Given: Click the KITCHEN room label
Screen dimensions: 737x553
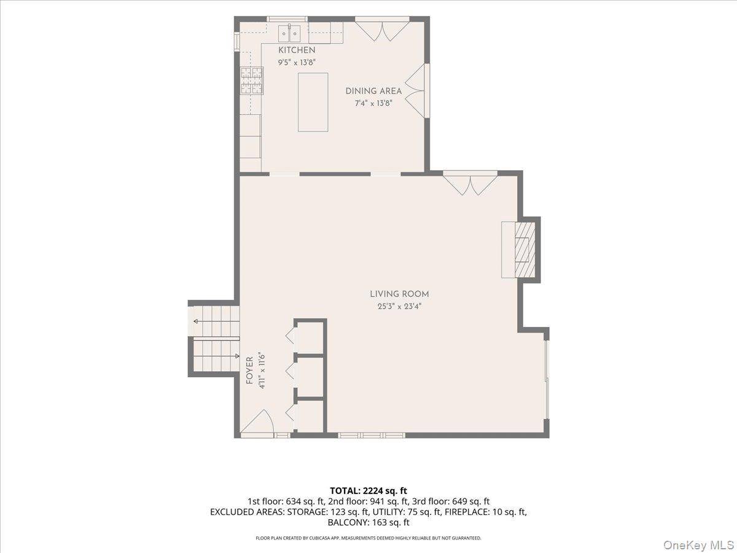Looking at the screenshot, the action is pos(297,50).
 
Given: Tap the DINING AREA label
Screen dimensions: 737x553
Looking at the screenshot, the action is pos(373,91).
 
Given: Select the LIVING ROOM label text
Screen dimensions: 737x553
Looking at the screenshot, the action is pos(399,294).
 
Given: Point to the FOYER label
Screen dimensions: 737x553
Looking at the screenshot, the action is pos(249,371).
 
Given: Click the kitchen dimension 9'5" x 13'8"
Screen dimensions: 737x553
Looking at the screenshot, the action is pos(297,63).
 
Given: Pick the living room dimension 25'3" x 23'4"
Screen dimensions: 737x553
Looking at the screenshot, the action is pos(399,306).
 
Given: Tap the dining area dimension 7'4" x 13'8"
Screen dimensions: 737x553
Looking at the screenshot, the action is pos(373,103).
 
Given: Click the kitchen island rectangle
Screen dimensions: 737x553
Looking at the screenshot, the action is pos(313,102).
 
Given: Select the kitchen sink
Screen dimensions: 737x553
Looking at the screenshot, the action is pos(289,33).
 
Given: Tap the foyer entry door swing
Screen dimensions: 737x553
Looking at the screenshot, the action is pos(257,421).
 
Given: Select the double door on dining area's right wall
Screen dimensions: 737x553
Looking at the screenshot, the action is pos(415,91).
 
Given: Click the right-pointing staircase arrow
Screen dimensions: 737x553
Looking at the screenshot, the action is pos(217,356).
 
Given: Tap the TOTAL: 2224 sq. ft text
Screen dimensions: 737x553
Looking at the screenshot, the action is pos(368,491).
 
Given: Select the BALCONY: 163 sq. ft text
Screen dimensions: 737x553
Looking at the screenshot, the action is pos(368,523).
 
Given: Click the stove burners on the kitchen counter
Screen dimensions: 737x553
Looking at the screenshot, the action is pos(251,80).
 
